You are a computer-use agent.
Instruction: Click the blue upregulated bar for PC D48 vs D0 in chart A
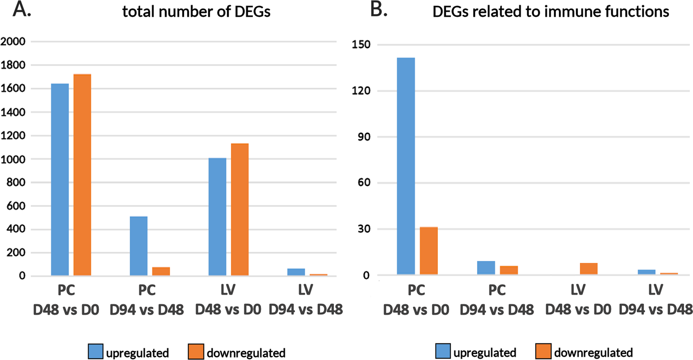point(60,180)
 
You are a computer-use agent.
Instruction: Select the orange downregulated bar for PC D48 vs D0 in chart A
point(82,175)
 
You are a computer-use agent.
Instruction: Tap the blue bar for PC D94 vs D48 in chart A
point(138,246)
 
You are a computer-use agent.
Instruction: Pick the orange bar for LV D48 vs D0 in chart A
point(240,209)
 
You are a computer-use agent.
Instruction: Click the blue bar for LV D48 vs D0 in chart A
point(217,217)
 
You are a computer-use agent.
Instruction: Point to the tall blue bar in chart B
point(406,167)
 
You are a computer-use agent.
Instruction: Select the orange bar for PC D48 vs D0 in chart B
point(428,251)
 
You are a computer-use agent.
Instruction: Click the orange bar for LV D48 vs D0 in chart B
point(588,269)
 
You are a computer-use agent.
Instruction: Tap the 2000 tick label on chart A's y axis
point(13,41)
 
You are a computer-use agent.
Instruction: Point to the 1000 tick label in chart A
point(13,159)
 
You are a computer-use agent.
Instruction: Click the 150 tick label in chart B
point(361,45)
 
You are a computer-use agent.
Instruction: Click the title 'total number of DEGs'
point(196,11)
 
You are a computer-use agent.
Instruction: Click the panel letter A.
point(21,9)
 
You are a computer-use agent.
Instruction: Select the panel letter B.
point(378,9)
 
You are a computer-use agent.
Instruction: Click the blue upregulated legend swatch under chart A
point(95,351)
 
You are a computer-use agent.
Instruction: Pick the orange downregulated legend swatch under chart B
point(543,351)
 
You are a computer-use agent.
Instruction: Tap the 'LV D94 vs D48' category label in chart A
point(306,300)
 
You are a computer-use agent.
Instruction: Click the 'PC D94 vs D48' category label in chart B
point(497,300)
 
